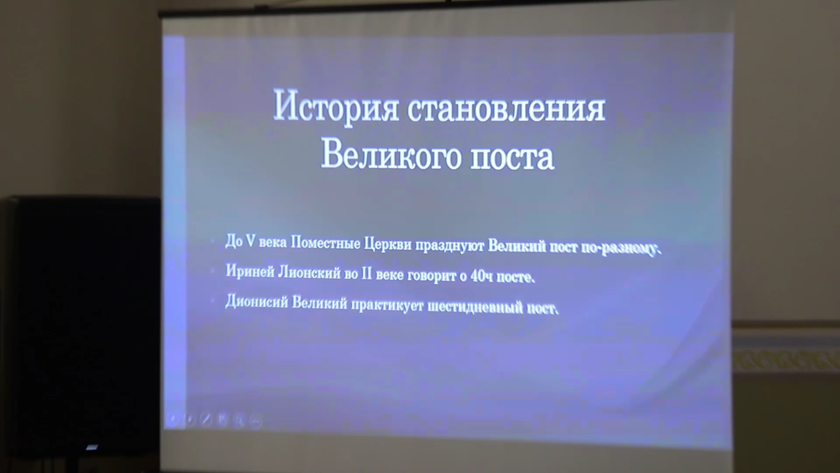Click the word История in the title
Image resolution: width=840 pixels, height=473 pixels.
click(336, 106)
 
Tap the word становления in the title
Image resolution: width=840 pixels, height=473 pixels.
click(507, 108)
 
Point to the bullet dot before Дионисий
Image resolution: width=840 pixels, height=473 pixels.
click(213, 301)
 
